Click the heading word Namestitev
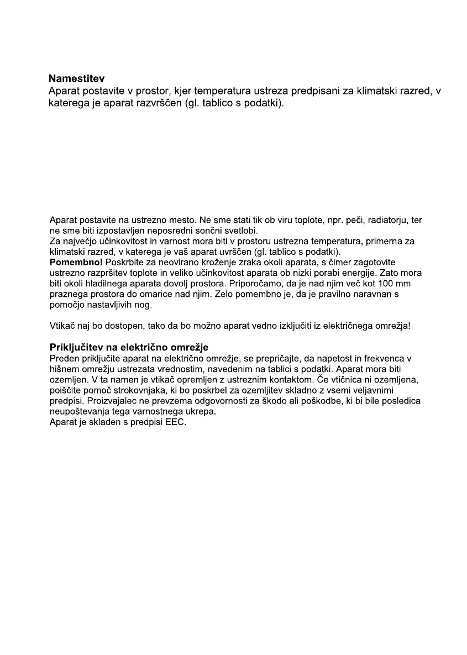(76, 78)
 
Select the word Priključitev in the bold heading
(77, 348)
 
